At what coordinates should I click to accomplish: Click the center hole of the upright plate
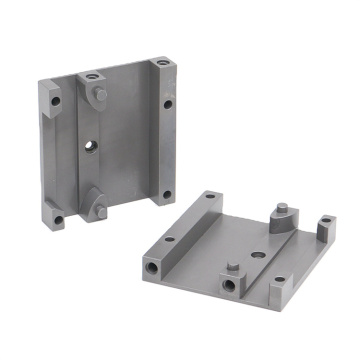pos(91,146)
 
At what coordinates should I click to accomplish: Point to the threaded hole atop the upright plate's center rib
pos(93,75)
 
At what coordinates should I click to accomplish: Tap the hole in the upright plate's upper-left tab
pos(56,101)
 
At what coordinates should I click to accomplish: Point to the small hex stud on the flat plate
pos(231,269)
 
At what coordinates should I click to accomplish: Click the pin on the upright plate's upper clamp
pos(101,93)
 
